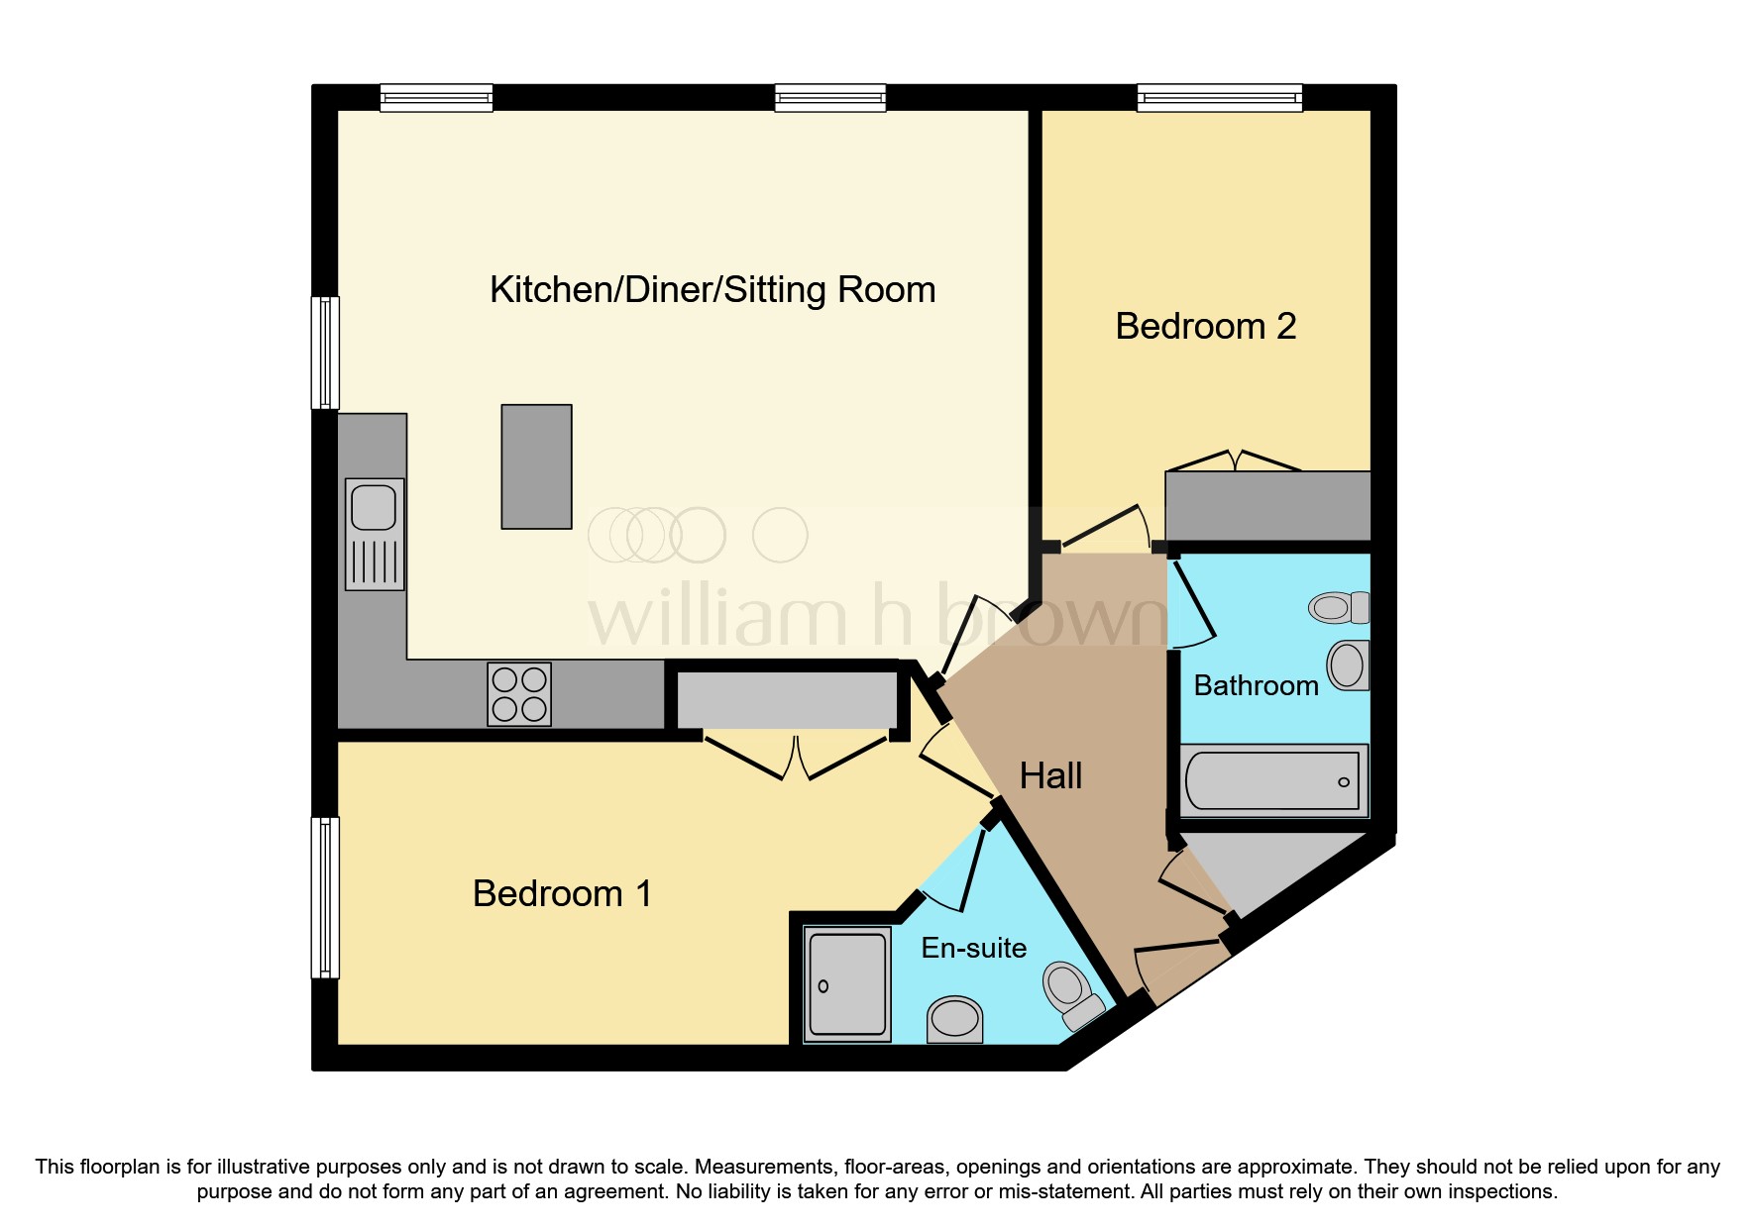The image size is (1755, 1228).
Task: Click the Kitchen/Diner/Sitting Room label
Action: (712, 290)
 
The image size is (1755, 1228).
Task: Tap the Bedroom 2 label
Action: (1205, 327)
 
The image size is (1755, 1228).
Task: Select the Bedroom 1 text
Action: (562, 894)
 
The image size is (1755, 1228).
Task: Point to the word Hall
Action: (1050, 776)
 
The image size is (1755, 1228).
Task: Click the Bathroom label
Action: (1256, 686)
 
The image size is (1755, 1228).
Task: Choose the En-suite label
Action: (973, 949)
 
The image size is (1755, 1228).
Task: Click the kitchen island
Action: (536, 466)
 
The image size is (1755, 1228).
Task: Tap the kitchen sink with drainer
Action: (375, 535)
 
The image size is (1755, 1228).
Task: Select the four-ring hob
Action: (519, 694)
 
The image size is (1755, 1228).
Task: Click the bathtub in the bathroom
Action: (1273, 781)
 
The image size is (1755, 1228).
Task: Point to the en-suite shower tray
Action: (846, 984)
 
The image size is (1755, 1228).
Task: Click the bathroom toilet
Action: (1338, 607)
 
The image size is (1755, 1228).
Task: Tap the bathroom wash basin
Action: (1348, 665)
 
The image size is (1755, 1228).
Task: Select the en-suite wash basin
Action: (954, 1020)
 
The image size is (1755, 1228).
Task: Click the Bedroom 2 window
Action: (1219, 97)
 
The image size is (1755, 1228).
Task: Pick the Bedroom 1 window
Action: (325, 897)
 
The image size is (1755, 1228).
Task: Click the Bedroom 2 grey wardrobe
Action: (1267, 505)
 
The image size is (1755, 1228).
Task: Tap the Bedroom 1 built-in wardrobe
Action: (787, 701)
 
